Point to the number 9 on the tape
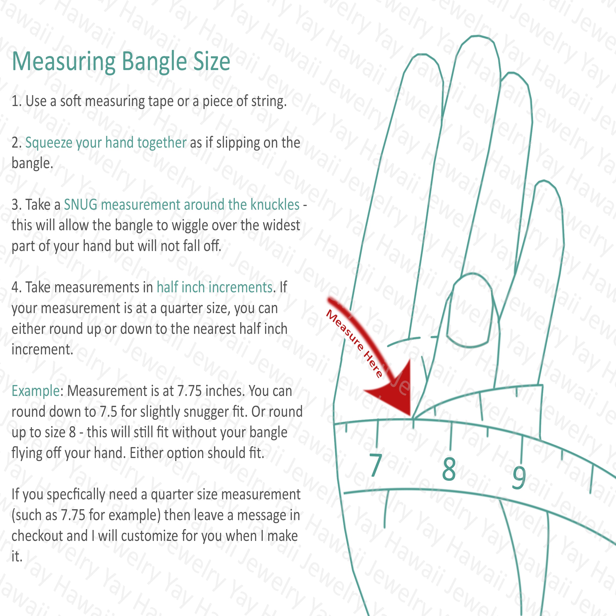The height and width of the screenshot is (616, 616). click(519, 477)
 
